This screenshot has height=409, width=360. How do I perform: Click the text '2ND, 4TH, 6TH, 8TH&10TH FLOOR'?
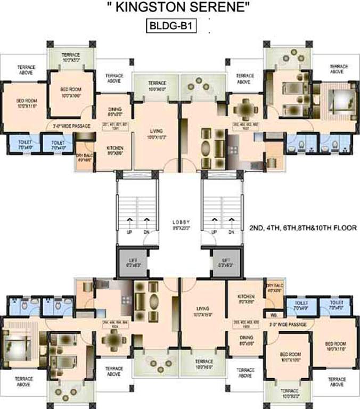(302, 227)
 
